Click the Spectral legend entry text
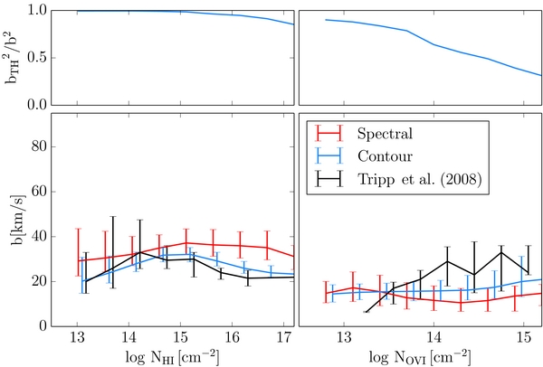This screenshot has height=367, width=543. coord(385,134)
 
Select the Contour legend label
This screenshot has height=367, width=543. coord(385,156)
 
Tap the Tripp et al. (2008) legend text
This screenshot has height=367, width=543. coord(419,179)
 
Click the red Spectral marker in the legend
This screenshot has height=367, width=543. coord(329,133)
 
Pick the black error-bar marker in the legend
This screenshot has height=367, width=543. coord(329,179)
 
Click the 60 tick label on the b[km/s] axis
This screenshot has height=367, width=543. coord(39,192)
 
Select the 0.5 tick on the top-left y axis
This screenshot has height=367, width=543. coord(37,58)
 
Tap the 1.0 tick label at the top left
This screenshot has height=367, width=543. coord(37,11)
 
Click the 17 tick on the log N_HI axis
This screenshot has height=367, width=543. coord(283,336)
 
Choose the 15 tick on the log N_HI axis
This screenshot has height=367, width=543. coord(180,336)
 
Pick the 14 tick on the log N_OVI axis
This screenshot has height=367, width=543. coord(433,336)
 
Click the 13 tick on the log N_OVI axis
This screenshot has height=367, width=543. coord(344,336)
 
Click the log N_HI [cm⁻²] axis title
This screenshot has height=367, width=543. coord(172,356)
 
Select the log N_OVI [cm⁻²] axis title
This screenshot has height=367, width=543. coord(420,356)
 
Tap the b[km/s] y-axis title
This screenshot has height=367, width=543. coord(18,220)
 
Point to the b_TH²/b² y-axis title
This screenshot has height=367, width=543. coord(14,58)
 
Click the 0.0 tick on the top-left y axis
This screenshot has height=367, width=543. coord(37,105)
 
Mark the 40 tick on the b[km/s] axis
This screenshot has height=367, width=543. coord(39,237)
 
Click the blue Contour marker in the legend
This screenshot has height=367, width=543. coord(329,156)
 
